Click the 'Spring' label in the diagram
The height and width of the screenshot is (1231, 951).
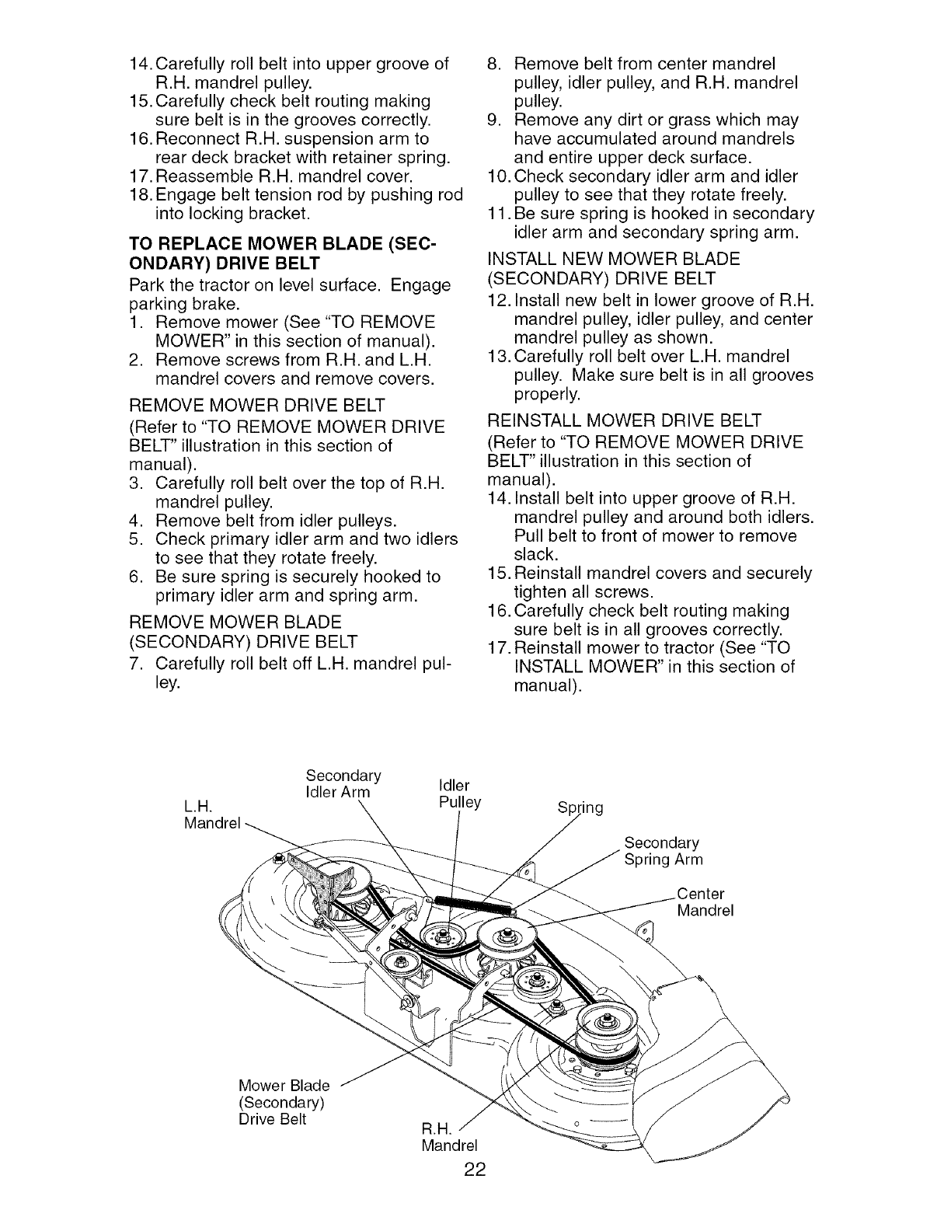pyautogui.click(x=580, y=807)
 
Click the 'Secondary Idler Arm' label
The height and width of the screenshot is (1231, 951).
pyautogui.click(x=343, y=784)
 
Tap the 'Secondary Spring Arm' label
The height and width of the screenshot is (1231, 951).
pyautogui.click(x=663, y=851)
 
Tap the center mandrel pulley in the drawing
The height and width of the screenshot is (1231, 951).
pyautogui.click(x=506, y=940)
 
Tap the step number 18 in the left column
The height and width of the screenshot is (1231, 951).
pyautogui.click(x=139, y=194)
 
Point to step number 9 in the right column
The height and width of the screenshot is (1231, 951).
pyautogui.click(x=493, y=120)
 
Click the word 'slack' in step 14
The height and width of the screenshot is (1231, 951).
pyautogui.click(x=535, y=554)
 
